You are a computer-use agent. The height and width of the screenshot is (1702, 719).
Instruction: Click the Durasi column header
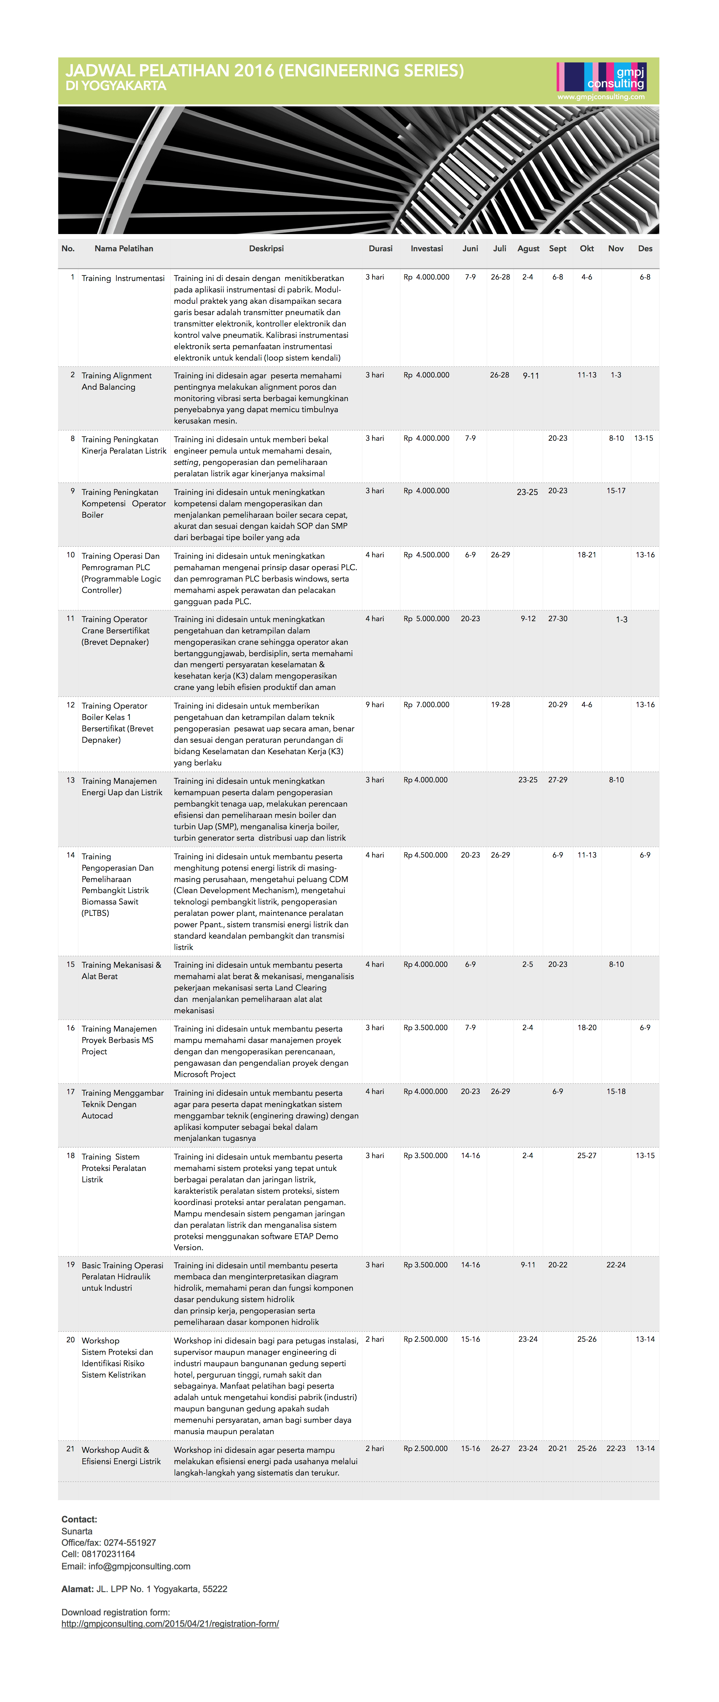(380, 248)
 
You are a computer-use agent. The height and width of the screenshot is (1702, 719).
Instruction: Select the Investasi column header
(427, 248)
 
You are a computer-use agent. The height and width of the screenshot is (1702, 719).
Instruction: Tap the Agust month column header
(528, 248)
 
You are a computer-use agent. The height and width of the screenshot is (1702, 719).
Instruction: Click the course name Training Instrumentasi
(123, 278)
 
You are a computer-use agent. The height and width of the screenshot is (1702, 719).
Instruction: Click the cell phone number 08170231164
(108, 1554)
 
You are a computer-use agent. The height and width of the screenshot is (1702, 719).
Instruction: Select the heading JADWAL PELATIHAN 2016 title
(264, 71)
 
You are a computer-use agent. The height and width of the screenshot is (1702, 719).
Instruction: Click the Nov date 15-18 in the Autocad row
(616, 1092)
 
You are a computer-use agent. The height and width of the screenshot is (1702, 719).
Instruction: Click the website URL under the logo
(601, 97)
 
